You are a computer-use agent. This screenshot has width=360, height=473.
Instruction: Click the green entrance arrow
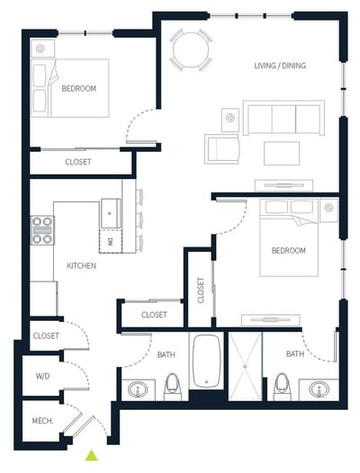91,456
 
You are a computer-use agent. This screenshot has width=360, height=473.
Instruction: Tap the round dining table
191,49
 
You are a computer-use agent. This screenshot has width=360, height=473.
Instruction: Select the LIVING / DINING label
280,66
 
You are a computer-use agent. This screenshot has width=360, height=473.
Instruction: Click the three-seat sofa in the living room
283,118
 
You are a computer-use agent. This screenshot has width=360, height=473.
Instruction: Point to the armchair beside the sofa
222,149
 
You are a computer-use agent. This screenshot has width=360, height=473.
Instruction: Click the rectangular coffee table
282,153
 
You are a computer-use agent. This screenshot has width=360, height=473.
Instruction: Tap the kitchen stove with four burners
42,230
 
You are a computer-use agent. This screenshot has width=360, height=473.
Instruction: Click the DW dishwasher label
110,241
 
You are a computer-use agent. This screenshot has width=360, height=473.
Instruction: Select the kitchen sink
111,213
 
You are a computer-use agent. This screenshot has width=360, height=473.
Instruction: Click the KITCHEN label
82,266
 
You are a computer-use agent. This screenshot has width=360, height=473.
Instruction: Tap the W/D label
42,376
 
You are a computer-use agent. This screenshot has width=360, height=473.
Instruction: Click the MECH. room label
42,421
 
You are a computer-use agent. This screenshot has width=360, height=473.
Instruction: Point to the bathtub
207,361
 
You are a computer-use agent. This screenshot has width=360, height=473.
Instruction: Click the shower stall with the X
245,367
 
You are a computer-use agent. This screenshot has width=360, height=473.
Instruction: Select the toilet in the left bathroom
172,387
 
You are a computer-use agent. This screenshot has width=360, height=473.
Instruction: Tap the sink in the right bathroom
319,389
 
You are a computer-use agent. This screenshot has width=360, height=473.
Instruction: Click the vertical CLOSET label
201,290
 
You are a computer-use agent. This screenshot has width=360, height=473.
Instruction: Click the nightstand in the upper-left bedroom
42,49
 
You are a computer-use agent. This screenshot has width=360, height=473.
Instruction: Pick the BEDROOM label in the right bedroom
288,250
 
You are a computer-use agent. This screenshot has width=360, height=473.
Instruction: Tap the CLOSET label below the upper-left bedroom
78,162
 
